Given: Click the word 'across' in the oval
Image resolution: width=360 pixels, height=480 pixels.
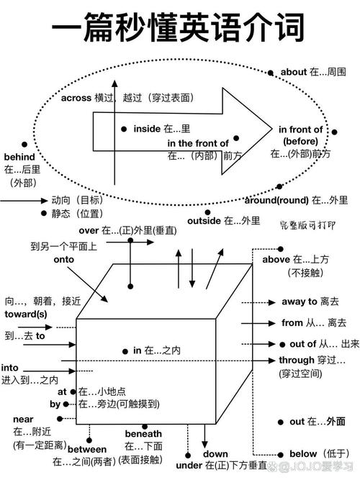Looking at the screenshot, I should coord(76,98).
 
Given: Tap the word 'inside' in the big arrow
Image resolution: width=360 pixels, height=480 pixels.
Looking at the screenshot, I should coord(146,128).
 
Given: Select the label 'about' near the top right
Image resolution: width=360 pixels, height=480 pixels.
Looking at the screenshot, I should coord(293,72).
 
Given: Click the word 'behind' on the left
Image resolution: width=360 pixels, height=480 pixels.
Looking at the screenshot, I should coord(19,156).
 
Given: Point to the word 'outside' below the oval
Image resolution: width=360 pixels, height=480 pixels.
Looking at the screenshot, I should coord(204,220).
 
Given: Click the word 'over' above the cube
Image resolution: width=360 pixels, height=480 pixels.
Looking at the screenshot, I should coord(88,230).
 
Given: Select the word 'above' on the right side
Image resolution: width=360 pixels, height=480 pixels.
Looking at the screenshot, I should coord(275,259).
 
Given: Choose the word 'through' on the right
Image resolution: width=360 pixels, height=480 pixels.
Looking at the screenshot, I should coord(297,360).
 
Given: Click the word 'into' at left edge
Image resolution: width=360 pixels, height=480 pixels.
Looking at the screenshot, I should coord(10,367).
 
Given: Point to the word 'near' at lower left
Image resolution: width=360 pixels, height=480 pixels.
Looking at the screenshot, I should coord(23,419).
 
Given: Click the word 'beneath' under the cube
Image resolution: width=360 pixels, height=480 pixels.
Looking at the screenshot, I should coord(144,434).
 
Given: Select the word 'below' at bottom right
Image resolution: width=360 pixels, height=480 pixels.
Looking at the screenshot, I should coord(303,453).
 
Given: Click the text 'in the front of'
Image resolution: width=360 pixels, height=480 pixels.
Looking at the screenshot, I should coord(198,143).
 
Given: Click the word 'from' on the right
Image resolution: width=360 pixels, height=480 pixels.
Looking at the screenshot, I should coord(292,323).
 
